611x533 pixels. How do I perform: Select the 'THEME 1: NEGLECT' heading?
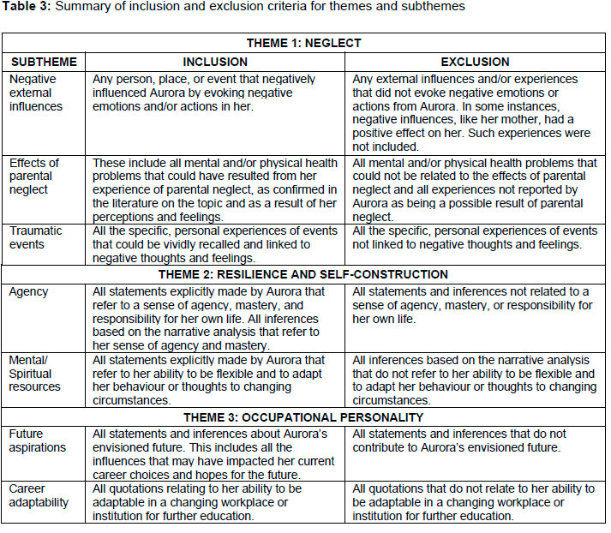(303, 43)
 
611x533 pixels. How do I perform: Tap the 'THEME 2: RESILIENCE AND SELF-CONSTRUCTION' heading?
(303, 274)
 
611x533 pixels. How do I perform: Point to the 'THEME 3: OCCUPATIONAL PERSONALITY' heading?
(303, 417)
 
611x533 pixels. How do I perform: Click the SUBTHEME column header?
(43, 62)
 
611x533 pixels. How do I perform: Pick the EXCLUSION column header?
(474, 62)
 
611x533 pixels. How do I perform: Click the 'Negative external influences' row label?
(35, 93)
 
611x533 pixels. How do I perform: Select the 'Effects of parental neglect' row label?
(35, 177)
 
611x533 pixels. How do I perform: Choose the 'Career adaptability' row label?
(39, 495)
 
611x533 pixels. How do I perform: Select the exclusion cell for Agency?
(474, 305)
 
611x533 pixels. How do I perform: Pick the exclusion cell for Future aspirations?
(474, 441)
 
